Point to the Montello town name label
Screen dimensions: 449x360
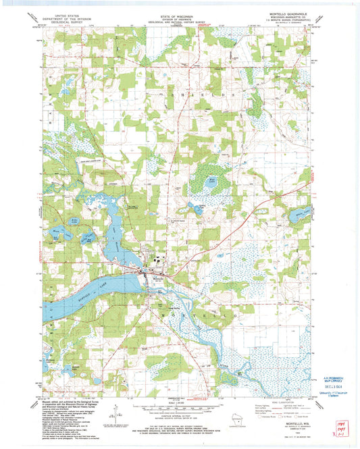pos(157,278)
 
